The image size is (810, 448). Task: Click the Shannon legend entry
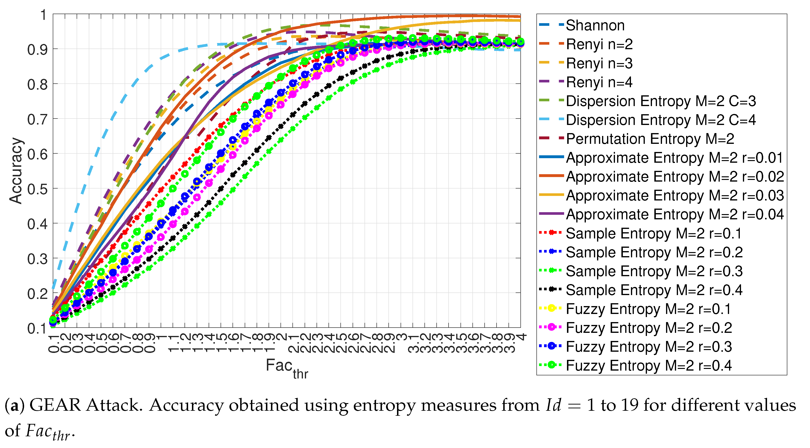595,26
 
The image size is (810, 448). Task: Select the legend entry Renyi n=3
599,63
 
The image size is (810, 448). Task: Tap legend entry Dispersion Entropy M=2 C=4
661,120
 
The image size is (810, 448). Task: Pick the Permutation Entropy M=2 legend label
650,139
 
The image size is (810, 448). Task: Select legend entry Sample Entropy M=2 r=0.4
654,290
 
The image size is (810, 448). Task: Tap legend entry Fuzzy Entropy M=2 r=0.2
649,328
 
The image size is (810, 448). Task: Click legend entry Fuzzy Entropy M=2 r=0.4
649,365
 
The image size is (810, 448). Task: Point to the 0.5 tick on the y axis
37,189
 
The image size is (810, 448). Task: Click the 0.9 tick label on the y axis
37,49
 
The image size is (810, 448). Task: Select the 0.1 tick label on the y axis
37,329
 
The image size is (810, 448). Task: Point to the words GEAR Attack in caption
84,405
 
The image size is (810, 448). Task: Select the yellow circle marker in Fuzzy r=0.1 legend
551,308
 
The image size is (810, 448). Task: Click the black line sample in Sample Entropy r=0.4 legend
551,289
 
